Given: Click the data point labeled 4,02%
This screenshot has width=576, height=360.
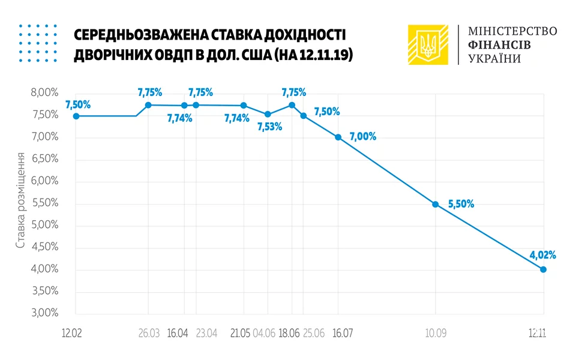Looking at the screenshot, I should [544, 269].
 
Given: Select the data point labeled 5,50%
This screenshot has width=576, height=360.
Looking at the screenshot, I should [435, 204].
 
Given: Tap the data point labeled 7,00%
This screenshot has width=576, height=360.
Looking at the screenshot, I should [338, 137].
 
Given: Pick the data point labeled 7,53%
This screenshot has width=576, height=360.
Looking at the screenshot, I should [268, 115].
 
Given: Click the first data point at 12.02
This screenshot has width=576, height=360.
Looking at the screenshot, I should [76, 116].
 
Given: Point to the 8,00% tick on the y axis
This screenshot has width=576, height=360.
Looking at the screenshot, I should [44, 93].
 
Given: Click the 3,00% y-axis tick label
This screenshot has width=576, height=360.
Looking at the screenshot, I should [44, 313].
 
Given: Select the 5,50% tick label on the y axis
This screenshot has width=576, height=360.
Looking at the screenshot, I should [44, 203].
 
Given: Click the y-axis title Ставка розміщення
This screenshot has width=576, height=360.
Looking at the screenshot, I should [21, 200].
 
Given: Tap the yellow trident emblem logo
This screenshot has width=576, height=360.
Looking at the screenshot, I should [428, 44].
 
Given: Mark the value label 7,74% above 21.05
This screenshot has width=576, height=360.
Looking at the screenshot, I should [237, 119].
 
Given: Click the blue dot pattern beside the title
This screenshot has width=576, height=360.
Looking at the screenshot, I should [38, 43].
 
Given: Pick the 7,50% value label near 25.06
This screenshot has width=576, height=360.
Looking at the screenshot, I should [327, 112].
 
